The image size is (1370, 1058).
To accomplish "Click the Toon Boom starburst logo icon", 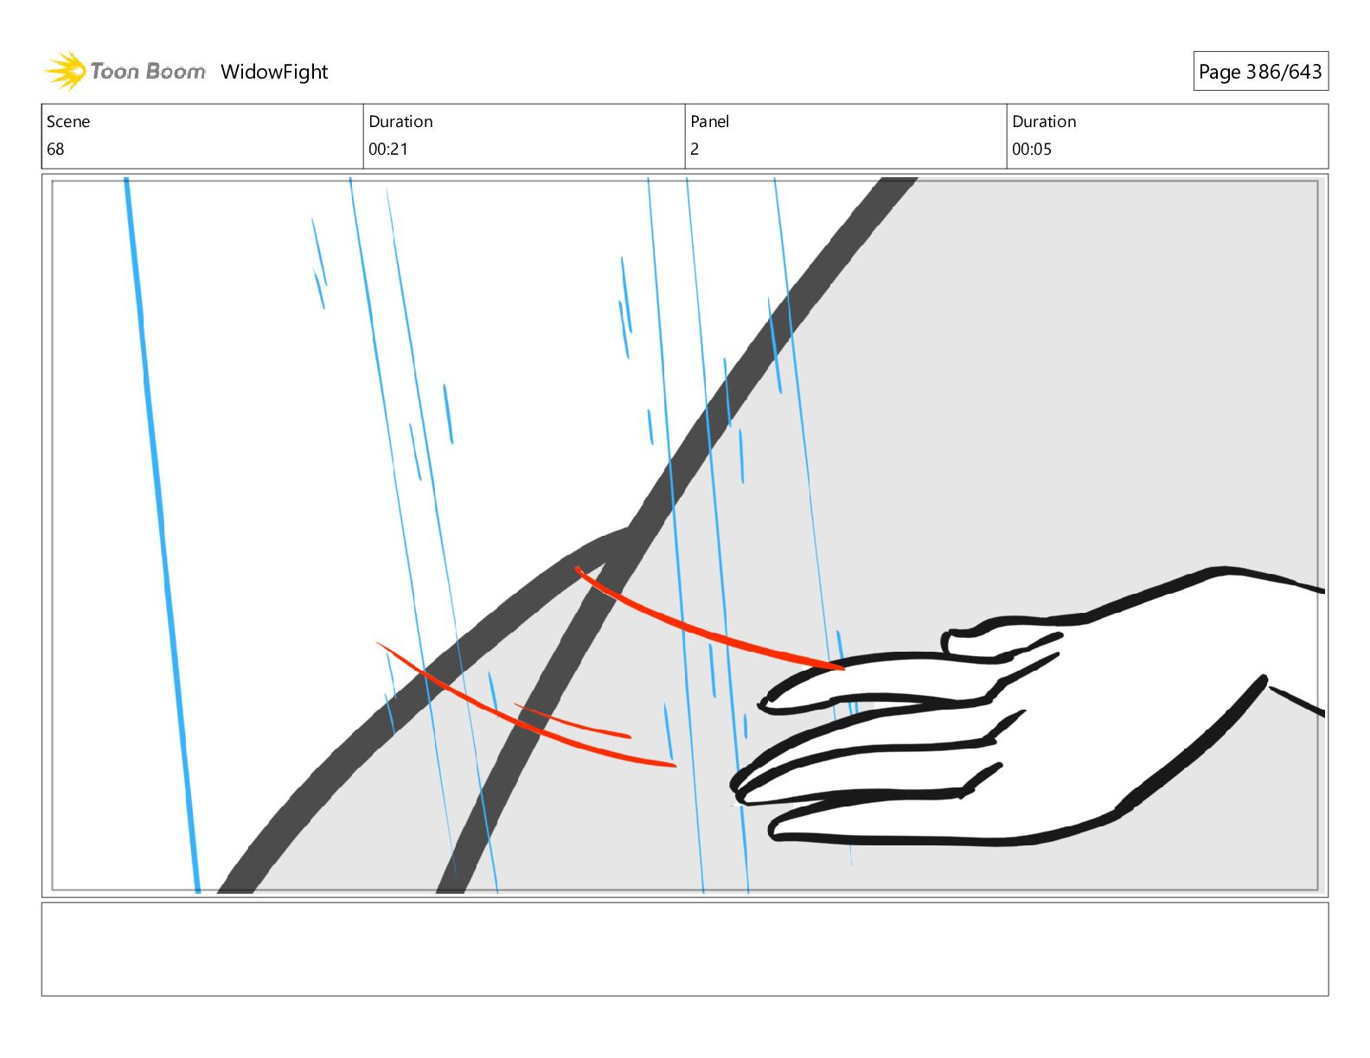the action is [x=65, y=71].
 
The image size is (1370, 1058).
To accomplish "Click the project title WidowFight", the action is [x=274, y=72].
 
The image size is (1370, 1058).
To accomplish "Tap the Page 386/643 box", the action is [x=1260, y=72].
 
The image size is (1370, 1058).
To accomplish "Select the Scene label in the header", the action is [x=68, y=122].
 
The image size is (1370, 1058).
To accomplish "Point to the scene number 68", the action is [x=55, y=150].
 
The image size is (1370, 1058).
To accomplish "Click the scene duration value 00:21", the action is [x=388, y=150].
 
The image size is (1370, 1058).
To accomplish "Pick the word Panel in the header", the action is [x=710, y=122].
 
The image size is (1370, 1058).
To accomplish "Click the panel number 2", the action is [x=695, y=150].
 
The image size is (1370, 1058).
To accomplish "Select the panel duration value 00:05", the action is [x=1032, y=150].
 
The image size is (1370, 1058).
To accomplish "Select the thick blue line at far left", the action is [x=162, y=536].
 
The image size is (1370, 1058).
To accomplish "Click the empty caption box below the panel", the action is [x=684, y=949].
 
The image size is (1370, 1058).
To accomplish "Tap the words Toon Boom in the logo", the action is [x=148, y=72].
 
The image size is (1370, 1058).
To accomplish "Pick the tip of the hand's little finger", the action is [x=775, y=833].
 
